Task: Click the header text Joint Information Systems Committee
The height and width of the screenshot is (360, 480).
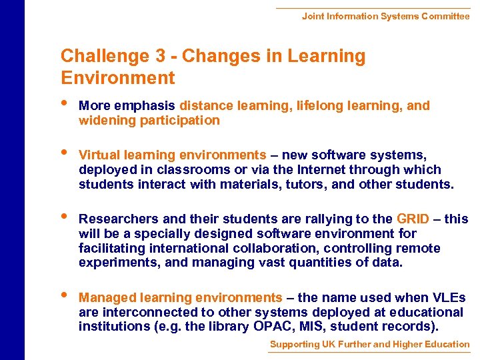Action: point(385,16)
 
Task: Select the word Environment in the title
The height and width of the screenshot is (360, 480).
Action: point(118,78)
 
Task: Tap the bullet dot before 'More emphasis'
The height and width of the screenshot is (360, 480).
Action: point(64,104)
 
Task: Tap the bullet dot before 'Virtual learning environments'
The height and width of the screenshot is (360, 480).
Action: point(64,153)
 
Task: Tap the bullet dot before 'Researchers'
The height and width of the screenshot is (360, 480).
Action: point(64,217)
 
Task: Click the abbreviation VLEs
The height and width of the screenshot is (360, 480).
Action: point(447,298)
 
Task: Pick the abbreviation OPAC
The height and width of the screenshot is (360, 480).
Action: point(270,327)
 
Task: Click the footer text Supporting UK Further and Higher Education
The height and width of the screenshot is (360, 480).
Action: point(369,345)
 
